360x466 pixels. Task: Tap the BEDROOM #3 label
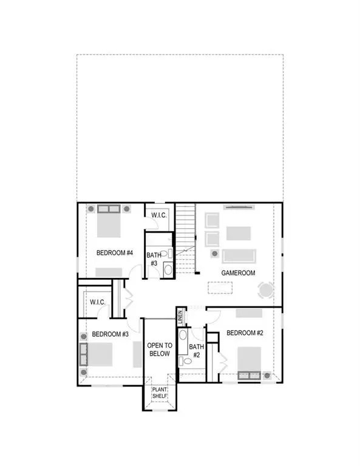coord(110,334)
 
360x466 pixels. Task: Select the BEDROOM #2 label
coord(245,333)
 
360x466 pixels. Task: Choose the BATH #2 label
coord(195,351)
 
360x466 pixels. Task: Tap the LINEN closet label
coord(180,317)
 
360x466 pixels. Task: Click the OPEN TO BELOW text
coord(160,349)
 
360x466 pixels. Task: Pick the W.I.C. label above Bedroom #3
coord(98,302)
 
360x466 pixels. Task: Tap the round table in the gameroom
coord(267,290)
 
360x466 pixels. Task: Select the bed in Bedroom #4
coord(110,225)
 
